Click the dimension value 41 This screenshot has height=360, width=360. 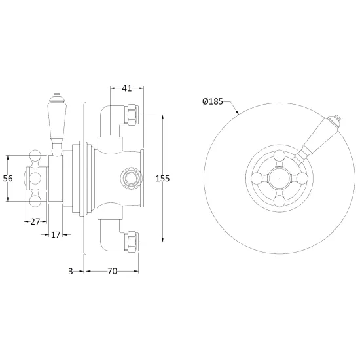[x=127, y=88]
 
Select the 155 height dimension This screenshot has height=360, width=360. [x=162, y=179]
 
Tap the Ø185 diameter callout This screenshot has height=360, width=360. [x=213, y=101]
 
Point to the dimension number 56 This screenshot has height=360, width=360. [x=8, y=179]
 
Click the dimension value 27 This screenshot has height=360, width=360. [x=35, y=221]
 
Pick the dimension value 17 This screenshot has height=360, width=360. [x=56, y=234]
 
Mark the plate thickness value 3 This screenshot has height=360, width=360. [x=71, y=272]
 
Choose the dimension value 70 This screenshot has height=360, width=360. [x=113, y=272]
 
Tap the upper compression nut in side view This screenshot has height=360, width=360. [x=132, y=115]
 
